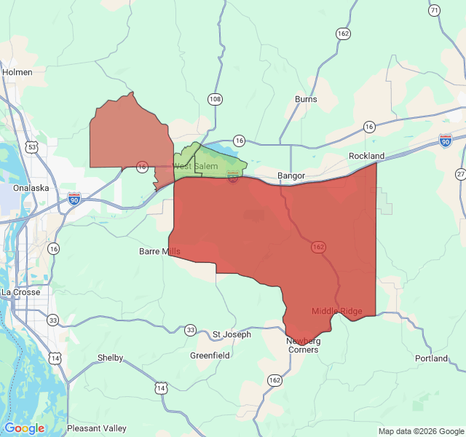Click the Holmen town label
[17, 72]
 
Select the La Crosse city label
[20, 292]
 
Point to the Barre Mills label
[159, 251]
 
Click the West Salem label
[195, 167]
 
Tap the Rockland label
[366, 156]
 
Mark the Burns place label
[306, 99]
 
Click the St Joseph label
[232, 334]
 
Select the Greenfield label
[210, 355]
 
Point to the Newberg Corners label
[302, 345]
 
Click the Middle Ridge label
[336, 311]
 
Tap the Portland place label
[432, 358]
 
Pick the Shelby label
[111, 358]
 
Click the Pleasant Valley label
[96, 428]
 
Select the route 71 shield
[435, 10]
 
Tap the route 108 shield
[215, 98]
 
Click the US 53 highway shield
[31, 147]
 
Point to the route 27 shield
[460, 174]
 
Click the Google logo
[24, 428]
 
